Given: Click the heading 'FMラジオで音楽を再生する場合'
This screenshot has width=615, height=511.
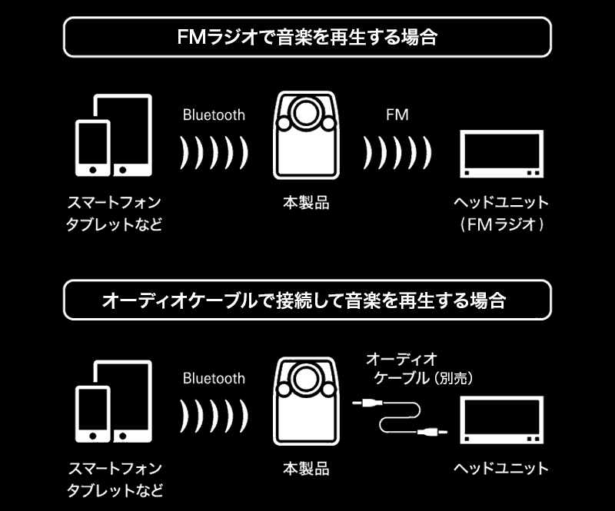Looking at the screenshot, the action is pyautogui.click(x=307, y=37).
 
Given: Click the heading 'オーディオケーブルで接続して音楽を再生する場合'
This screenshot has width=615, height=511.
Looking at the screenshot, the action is pyautogui.click(x=304, y=300).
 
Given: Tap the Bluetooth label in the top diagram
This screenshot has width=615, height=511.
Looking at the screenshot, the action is pyautogui.click(x=214, y=115).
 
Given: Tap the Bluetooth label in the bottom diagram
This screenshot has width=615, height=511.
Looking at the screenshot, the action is pyautogui.click(x=214, y=378).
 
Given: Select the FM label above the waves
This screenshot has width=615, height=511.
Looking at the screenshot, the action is pyautogui.click(x=397, y=115).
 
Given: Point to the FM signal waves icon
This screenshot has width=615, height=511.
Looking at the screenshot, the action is pyautogui.click(x=397, y=153).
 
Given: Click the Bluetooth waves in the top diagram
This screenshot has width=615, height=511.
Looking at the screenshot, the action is pyautogui.click(x=214, y=153).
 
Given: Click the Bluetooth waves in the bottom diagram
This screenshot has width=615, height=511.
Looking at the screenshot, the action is pyautogui.click(x=214, y=416).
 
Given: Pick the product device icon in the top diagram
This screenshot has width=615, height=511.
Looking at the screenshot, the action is pyautogui.click(x=306, y=135).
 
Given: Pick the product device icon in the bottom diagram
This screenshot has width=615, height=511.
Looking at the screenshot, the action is pyautogui.click(x=306, y=401).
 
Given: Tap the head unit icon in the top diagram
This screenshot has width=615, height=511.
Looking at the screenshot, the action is pyautogui.click(x=502, y=154).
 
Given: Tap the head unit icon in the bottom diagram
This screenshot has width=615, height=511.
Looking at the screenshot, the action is pyautogui.click(x=502, y=420).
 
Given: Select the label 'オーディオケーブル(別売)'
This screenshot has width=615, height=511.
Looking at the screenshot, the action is pyautogui.click(x=419, y=369).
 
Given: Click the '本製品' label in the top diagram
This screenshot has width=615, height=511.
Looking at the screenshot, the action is pyautogui.click(x=306, y=203).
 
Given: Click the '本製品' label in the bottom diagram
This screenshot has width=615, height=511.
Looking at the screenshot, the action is pyautogui.click(x=306, y=469).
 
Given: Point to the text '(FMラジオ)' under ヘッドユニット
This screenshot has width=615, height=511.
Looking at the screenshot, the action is pyautogui.click(x=502, y=224).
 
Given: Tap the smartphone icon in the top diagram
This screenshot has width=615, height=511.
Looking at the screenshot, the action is pyautogui.click(x=93, y=148).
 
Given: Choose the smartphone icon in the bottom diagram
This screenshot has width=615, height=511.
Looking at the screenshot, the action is pyautogui.click(x=93, y=414).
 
